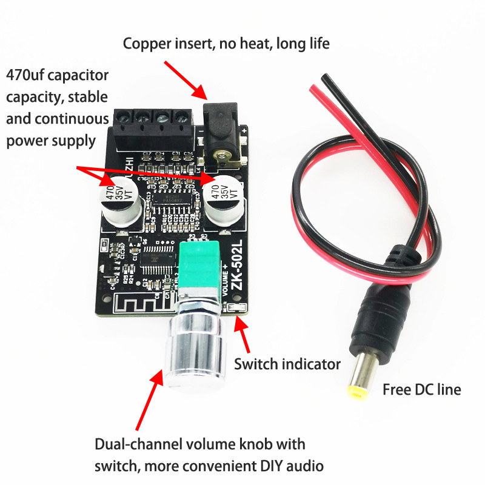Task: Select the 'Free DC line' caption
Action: (421, 390)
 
